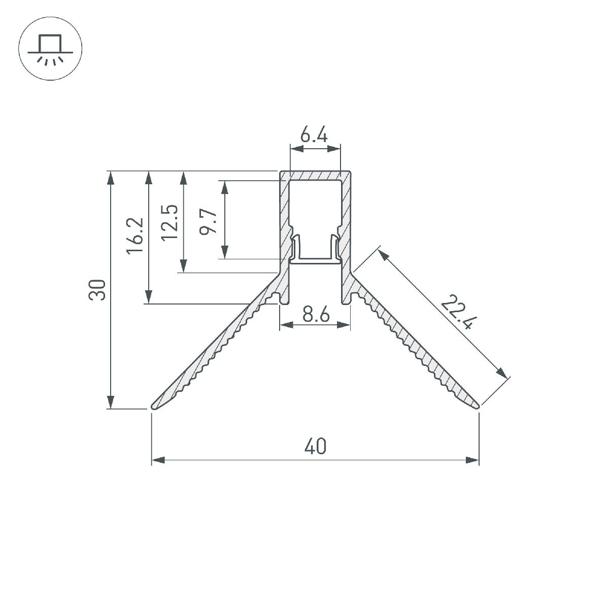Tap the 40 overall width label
[315, 446]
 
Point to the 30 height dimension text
[97, 289]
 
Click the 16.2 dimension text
[135, 235]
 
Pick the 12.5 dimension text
[170, 223]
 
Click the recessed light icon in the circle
[50, 48]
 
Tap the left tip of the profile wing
[152, 408]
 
